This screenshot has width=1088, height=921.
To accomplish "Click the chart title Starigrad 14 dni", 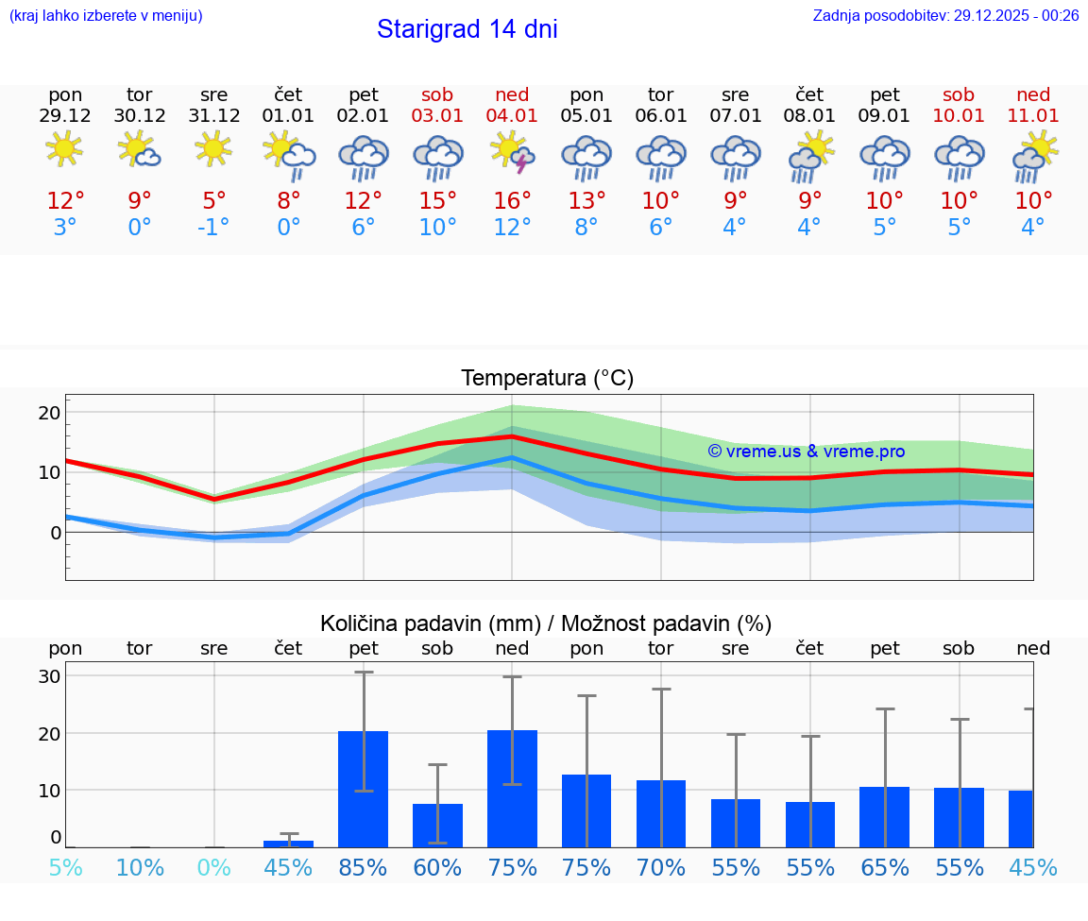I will (467, 29).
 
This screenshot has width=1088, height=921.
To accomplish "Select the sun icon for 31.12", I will (213, 148).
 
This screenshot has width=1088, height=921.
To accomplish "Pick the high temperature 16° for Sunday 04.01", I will (512, 201).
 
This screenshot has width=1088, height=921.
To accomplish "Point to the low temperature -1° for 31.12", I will (213, 228).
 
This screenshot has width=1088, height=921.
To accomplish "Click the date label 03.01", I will (437, 115).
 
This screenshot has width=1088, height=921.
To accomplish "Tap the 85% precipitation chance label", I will (363, 867).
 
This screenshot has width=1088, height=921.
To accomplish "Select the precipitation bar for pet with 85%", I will (363, 789).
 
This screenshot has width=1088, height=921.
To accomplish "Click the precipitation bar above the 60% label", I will (437, 825).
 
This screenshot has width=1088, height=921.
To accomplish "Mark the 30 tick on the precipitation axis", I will (49, 676).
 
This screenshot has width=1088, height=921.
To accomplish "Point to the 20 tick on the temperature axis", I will (49, 413).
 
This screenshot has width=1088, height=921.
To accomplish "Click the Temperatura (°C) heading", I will (547, 379).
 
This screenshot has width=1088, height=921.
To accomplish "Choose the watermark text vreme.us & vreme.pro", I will (806, 452).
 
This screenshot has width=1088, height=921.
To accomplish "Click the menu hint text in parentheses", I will (106, 15).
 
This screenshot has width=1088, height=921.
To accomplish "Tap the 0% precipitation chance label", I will (213, 867).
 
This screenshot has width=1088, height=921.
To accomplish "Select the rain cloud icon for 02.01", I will (363, 156).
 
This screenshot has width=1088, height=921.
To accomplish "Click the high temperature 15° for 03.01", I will (437, 201).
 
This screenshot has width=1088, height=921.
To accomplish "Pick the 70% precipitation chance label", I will (660, 867).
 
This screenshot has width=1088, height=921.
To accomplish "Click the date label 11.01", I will (1033, 115).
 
